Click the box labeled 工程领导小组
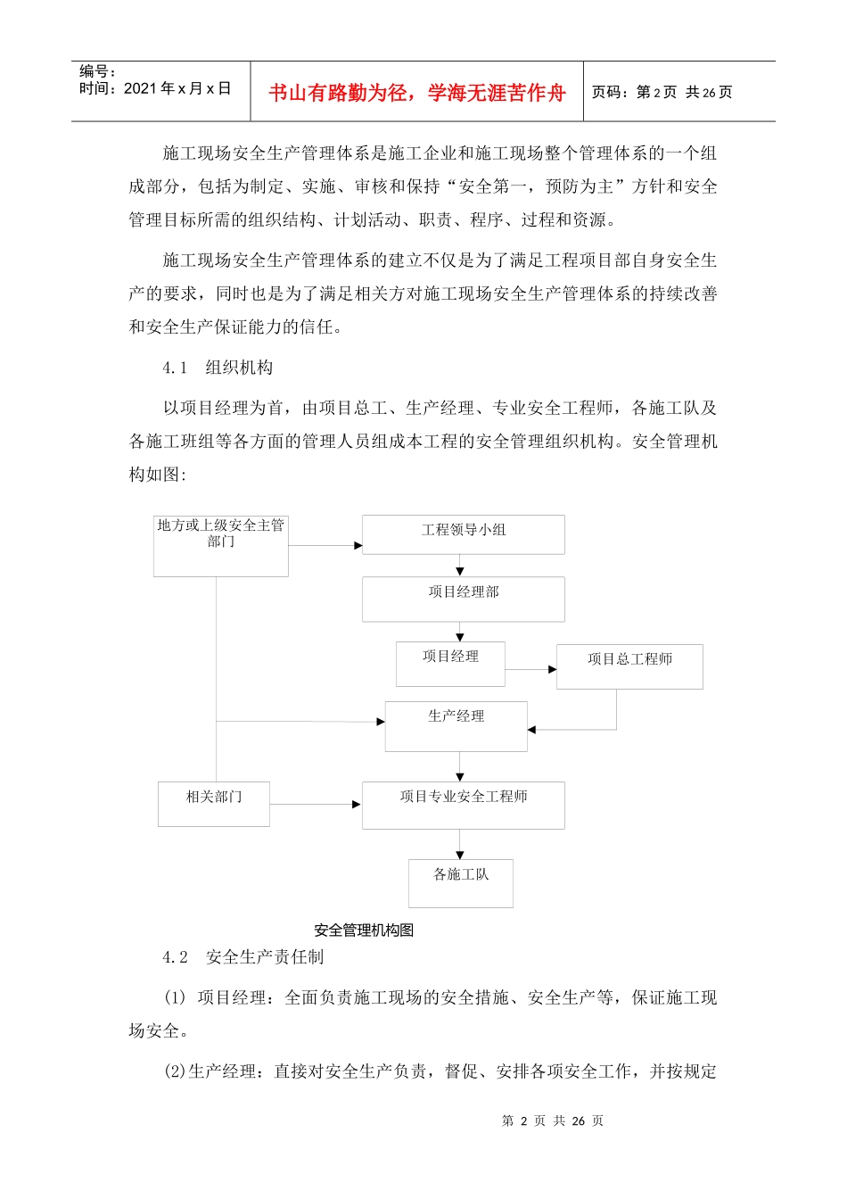tap(463, 534)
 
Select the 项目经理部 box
tap(463, 599)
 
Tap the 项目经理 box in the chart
tap(450, 664)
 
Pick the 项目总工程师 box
tap(629, 666)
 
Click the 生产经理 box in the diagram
tap(456, 726)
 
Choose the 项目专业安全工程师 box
tap(463, 805)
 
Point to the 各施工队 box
tap(460, 883)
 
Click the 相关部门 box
tap(214, 804)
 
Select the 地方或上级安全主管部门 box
tap(221, 545)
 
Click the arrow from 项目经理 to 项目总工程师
tap(531, 669)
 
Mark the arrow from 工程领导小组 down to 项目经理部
tap(460, 566)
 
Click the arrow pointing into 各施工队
tap(460, 844)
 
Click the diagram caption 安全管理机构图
tap(364, 930)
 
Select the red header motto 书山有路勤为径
tap(416, 93)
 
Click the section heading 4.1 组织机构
tap(218, 368)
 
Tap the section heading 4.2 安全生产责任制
tap(243, 957)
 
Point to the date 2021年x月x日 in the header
tap(177, 88)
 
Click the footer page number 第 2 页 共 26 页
tap(553, 1120)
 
